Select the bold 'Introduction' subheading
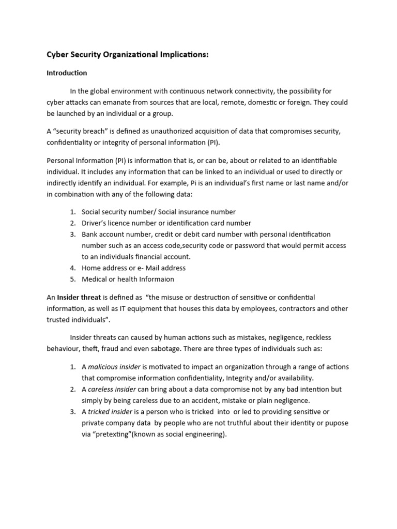pyautogui.click(x=67, y=73)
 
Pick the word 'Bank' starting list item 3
pyautogui.click(x=90, y=235)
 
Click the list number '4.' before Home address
pyautogui.click(x=72, y=268)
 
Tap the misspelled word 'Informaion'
pyautogui.click(x=154, y=279)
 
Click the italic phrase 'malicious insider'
pyautogui.click(x=114, y=367)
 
